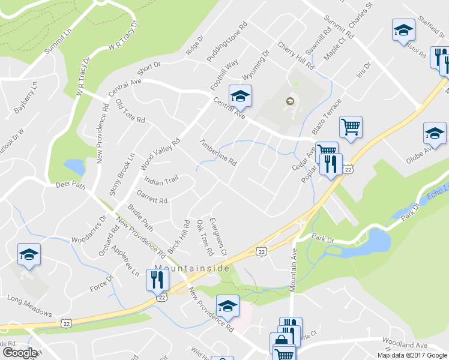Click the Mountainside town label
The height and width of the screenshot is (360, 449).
[x=192, y=268]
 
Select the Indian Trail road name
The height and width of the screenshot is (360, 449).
[x=161, y=180]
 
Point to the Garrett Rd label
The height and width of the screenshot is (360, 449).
[x=151, y=196]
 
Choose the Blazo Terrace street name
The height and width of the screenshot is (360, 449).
[x=327, y=118]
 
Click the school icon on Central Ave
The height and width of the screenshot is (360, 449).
[x=240, y=95]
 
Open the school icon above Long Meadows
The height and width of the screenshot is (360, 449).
[x=29, y=254]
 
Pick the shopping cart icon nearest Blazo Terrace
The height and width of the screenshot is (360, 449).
[x=351, y=127]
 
